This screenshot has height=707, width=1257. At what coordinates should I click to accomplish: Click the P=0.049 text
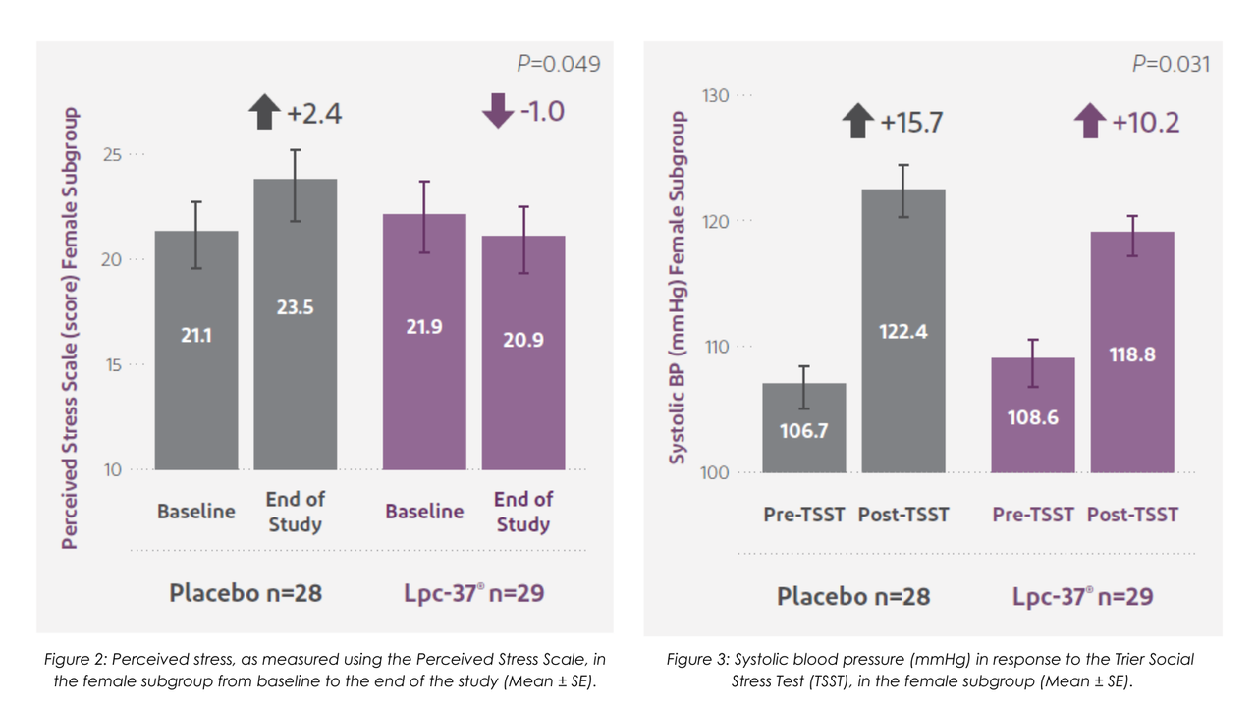[x=559, y=64]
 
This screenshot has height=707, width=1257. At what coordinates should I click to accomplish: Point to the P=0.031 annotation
[x=1171, y=64]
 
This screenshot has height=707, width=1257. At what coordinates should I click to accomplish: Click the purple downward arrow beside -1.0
[x=498, y=111]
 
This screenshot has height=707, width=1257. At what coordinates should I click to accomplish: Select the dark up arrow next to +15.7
[x=858, y=122]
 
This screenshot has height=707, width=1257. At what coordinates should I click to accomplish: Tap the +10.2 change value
[x=1145, y=123]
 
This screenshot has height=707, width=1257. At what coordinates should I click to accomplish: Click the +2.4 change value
[x=314, y=114]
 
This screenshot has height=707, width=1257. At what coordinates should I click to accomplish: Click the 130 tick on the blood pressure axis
[x=716, y=95]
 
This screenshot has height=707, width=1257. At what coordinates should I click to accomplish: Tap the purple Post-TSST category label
[x=1132, y=515]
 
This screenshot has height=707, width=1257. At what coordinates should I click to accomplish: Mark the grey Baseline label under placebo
[x=196, y=512]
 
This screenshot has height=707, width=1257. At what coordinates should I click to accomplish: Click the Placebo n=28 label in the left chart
[x=246, y=593]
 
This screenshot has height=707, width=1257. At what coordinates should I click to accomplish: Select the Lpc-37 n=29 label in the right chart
[x=1082, y=596]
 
